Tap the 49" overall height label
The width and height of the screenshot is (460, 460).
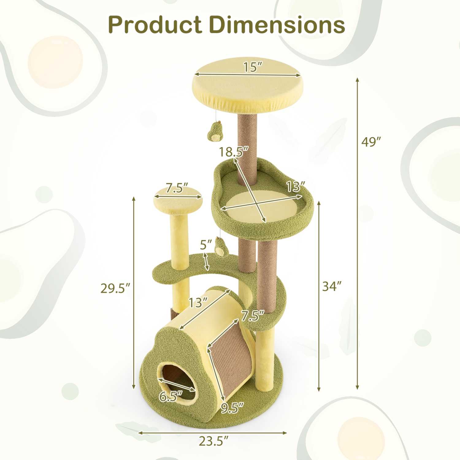(371, 142)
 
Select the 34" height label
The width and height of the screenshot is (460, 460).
(332, 286)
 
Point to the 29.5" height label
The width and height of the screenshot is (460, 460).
(115, 288)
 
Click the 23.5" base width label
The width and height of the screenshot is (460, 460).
(213, 441)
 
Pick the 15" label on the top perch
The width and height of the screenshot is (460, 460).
(253, 67)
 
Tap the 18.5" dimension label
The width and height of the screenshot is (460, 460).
(233, 152)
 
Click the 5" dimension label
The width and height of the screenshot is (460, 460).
(206, 245)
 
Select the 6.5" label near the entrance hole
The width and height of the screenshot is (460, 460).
(171, 397)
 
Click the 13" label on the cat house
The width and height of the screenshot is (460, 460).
(198, 303)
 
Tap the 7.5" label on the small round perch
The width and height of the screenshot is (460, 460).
(177, 188)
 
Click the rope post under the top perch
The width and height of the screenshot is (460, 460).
(247, 138)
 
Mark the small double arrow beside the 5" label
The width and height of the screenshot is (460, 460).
(207, 262)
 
